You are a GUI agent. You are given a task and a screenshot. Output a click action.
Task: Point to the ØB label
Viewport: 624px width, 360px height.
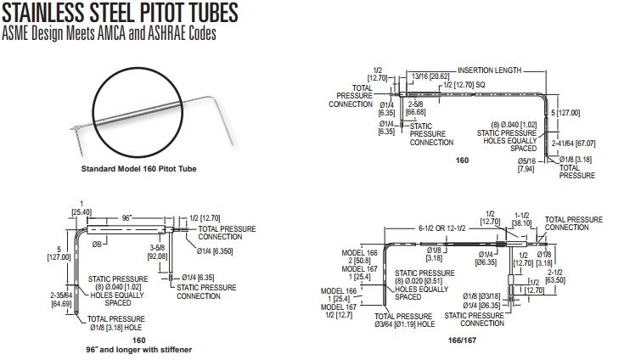click(98, 245)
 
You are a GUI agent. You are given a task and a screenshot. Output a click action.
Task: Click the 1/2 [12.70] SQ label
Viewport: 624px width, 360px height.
click(469, 85)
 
